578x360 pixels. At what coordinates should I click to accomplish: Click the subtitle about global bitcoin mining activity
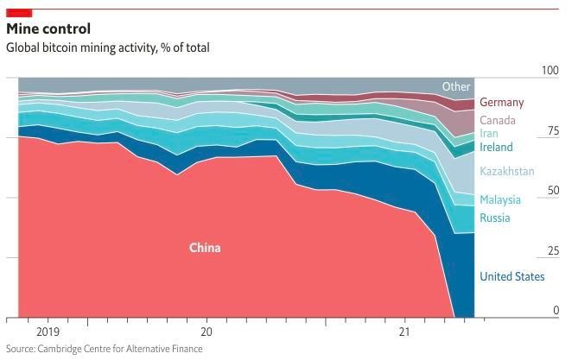tap(107, 47)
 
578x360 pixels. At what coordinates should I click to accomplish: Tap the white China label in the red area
tap(205, 248)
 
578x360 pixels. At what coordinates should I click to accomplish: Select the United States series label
tap(512, 276)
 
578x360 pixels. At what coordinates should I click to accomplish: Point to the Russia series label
tap(495, 218)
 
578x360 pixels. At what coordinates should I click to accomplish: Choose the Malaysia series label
tap(500, 199)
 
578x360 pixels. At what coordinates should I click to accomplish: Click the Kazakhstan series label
tap(507, 171)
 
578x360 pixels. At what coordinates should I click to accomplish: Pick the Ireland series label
tap(496, 147)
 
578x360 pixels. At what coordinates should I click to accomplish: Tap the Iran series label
tap(489, 134)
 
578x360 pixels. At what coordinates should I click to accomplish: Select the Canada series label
tap(497, 120)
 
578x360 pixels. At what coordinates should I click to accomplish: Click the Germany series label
tap(501, 102)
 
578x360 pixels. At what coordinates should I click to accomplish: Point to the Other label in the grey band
tap(456, 86)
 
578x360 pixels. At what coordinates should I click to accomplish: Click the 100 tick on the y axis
tap(550, 71)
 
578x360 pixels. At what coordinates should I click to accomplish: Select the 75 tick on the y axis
tap(553, 131)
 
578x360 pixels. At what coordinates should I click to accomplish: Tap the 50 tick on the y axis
tap(553, 191)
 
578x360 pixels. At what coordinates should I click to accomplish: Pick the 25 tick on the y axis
tap(553, 251)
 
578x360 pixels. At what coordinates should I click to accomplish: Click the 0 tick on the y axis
tap(556, 311)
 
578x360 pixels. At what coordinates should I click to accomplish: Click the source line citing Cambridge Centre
tap(104, 349)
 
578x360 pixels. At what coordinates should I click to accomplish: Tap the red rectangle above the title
tap(19, 12)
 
